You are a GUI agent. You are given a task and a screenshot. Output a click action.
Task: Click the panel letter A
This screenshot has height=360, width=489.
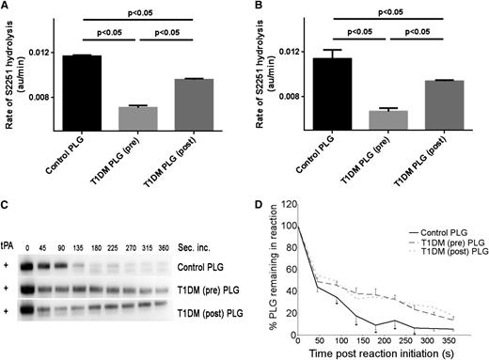7,8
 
